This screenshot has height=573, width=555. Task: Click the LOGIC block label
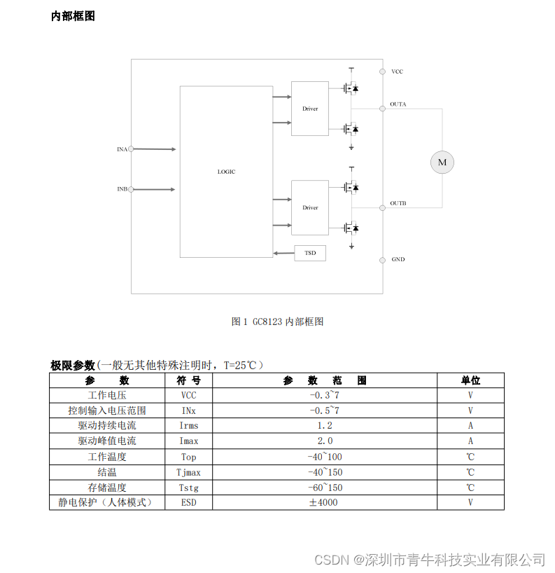(226, 172)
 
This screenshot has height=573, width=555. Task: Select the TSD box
(310, 253)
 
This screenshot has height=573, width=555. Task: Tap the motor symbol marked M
(442, 163)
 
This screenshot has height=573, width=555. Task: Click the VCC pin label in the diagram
(397, 71)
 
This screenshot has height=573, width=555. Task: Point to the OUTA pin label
(398, 104)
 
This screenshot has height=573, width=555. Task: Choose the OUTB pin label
(398, 204)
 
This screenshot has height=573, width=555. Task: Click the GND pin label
(398, 260)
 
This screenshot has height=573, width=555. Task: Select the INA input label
(122, 149)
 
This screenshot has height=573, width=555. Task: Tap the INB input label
(122, 189)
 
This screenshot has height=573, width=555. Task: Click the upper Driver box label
(310, 109)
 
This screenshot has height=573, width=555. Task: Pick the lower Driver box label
(310, 207)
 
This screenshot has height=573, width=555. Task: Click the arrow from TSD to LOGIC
(283, 253)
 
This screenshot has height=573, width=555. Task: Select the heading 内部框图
(73, 16)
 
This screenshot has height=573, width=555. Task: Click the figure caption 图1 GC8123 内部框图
(277, 322)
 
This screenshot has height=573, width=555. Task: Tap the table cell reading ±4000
(325, 502)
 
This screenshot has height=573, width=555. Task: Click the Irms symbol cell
(189, 425)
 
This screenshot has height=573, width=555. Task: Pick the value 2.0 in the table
(325, 441)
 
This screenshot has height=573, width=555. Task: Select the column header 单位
(470, 380)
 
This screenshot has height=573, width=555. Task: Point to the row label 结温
(107, 472)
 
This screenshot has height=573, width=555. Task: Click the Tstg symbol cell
(189, 488)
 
